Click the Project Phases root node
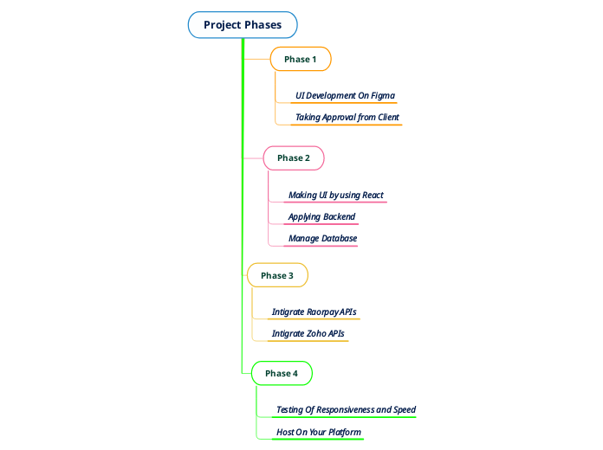pos(243,25)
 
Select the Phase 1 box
pos(301,59)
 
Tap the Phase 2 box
pos(294,158)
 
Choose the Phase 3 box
pos(277,275)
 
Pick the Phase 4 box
pos(282,373)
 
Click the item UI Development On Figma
pos(345,95)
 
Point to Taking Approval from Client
pos(347,117)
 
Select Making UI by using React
pos(336,195)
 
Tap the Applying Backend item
pos(321,216)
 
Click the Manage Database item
pos(322,238)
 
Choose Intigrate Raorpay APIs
pos(314,312)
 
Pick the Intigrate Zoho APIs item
pos(308,333)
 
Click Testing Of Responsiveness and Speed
pos(346,409)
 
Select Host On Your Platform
pos(318,432)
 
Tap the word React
pos(373,195)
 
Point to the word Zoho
pos(316,333)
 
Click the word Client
pos(388,117)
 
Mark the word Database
pos(340,238)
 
